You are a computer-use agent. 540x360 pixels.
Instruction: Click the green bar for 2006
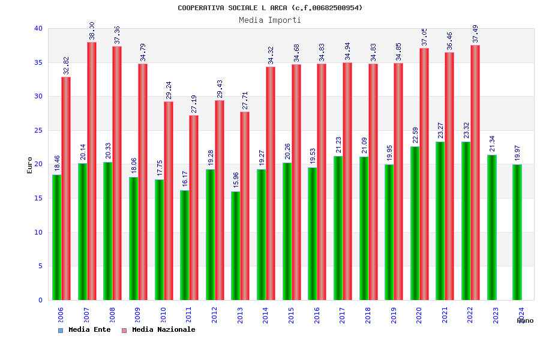[x=56, y=237]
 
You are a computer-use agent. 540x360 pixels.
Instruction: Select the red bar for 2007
[x=92, y=171]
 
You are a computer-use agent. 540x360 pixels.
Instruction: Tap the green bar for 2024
[x=517, y=232]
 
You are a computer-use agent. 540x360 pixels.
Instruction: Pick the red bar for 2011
[x=194, y=208]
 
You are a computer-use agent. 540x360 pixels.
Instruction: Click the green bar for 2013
[x=236, y=245]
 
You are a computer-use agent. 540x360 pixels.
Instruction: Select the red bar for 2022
[x=475, y=172]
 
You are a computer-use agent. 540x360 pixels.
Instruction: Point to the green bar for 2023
[x=492, y=227]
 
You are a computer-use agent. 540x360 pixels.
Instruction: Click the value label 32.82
[x=67, y=65]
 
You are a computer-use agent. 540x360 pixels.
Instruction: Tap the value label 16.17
[x=185, y=178]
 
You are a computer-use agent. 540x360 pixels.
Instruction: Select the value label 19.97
[x=517, y=153]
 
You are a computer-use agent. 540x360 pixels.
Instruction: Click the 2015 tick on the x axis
[x=292, y=315]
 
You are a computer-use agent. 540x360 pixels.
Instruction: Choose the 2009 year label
[x=138, y=315]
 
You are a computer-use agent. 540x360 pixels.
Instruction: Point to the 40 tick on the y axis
[x=38, y=28]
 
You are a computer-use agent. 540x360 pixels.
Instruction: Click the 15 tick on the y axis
[x=38, y=198]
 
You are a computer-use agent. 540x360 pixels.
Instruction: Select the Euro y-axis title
[x=30, y=165]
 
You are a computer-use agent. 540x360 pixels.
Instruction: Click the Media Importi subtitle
[x=270, y=20]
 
